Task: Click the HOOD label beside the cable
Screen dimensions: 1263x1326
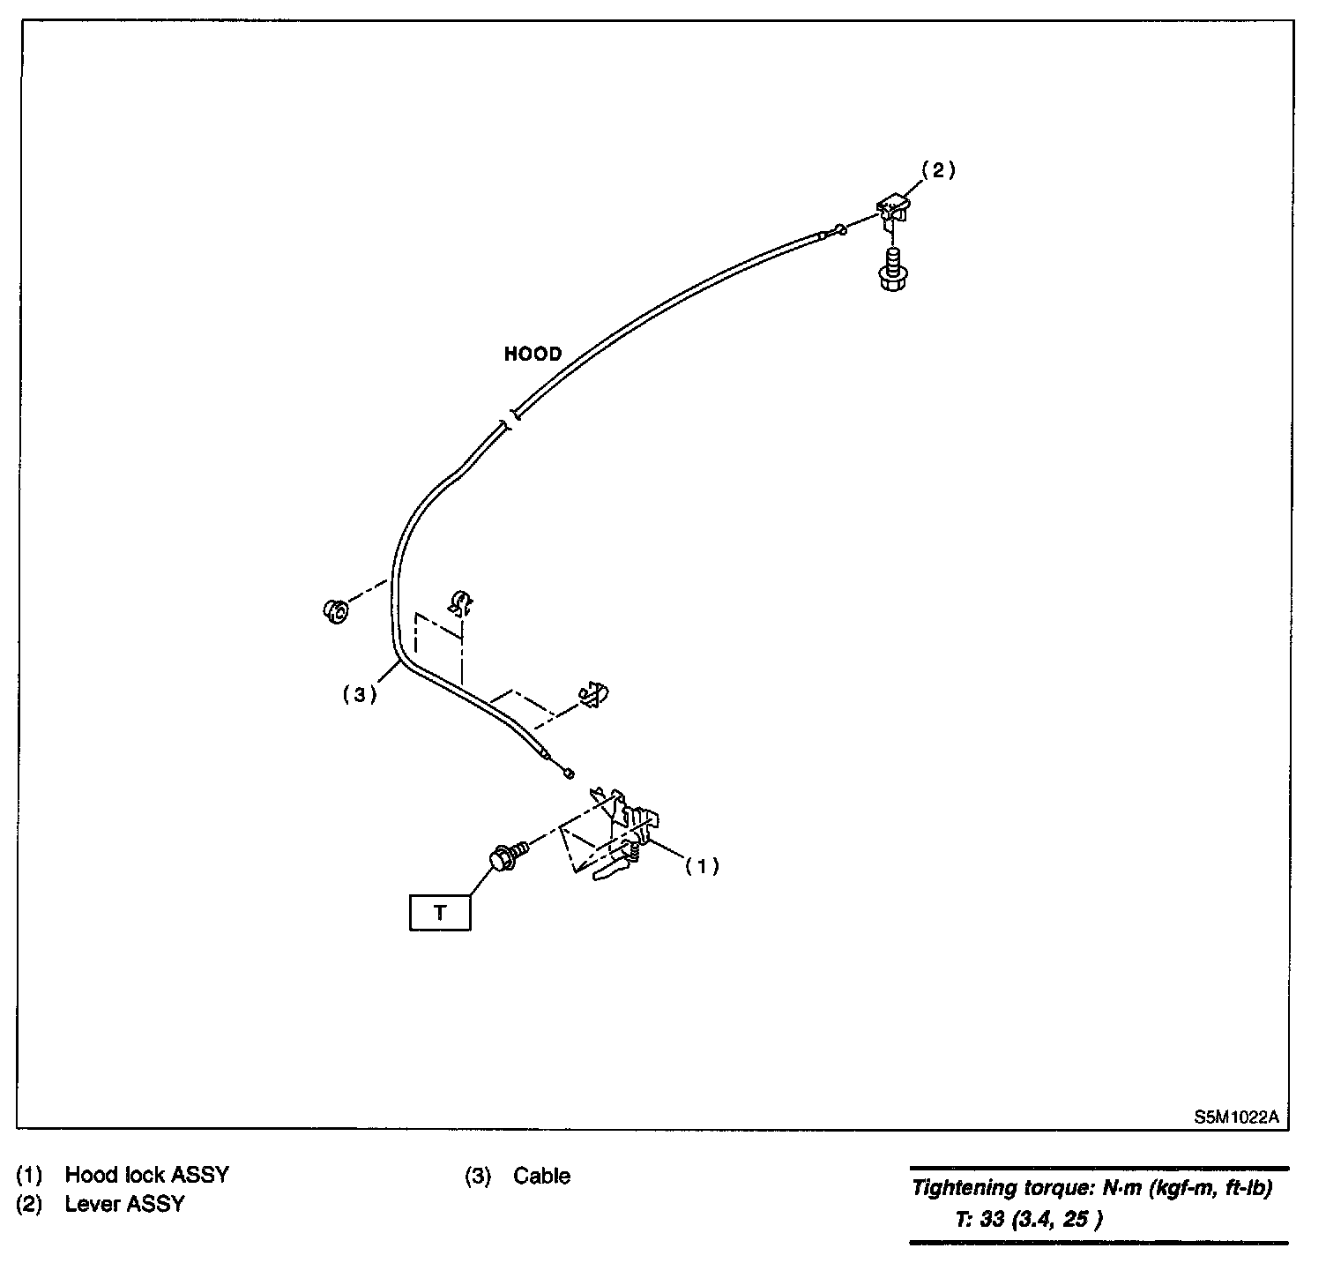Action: coord(533,354)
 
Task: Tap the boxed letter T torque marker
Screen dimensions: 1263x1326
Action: coord(440,912)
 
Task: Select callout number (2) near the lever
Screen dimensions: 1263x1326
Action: coord(938,171)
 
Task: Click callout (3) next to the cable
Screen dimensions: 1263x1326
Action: coord(360,695)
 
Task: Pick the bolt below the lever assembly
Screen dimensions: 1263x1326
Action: coord(892,268)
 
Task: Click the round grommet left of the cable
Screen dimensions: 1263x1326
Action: coord(335,610)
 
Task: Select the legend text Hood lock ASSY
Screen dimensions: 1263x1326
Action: coord(146,1175)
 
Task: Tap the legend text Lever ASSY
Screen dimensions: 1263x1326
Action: coord(124,1204)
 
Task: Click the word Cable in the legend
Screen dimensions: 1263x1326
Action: coord(541,1176)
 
